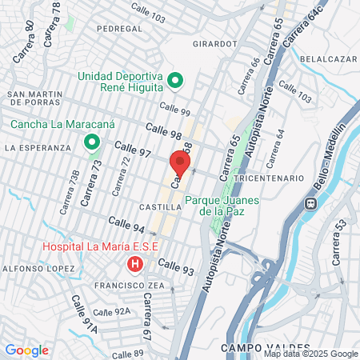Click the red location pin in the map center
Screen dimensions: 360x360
click(x=180, y=163)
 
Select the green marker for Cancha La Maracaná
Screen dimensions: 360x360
click(x=91, y=142)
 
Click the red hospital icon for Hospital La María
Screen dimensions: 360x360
click(x=135, y=262)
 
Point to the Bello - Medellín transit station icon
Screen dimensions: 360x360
click(x=309, y=202)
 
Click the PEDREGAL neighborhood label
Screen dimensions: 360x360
click(x=118, y=27)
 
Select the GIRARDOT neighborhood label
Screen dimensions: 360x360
click(x=215, y=43)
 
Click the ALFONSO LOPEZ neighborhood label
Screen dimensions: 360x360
click(x=32, y=268)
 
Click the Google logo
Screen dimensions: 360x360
click(x=26, y=350)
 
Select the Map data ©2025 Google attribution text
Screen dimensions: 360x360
click(x=311, y=354)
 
